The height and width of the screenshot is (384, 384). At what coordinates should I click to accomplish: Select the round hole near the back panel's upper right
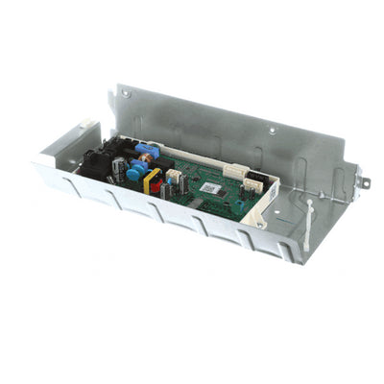274,129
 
